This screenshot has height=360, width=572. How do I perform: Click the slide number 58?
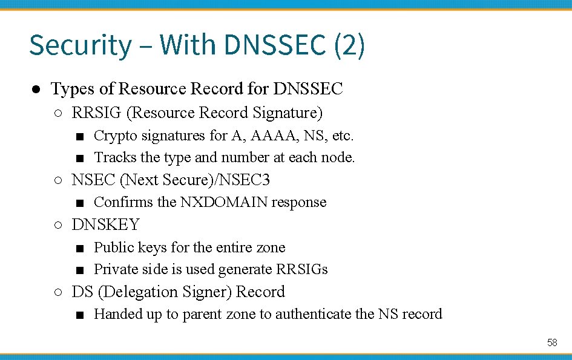coord(552,343)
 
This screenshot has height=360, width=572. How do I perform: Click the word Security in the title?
coord(79,46)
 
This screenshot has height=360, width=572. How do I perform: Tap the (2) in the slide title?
coord(349,46)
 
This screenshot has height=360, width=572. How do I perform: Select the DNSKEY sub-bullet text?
coord(105,225)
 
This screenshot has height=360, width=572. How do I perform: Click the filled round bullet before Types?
coord(36,90)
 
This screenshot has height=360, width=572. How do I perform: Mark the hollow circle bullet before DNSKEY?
coord(58,225)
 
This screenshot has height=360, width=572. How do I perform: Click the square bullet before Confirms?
coord(80,203)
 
